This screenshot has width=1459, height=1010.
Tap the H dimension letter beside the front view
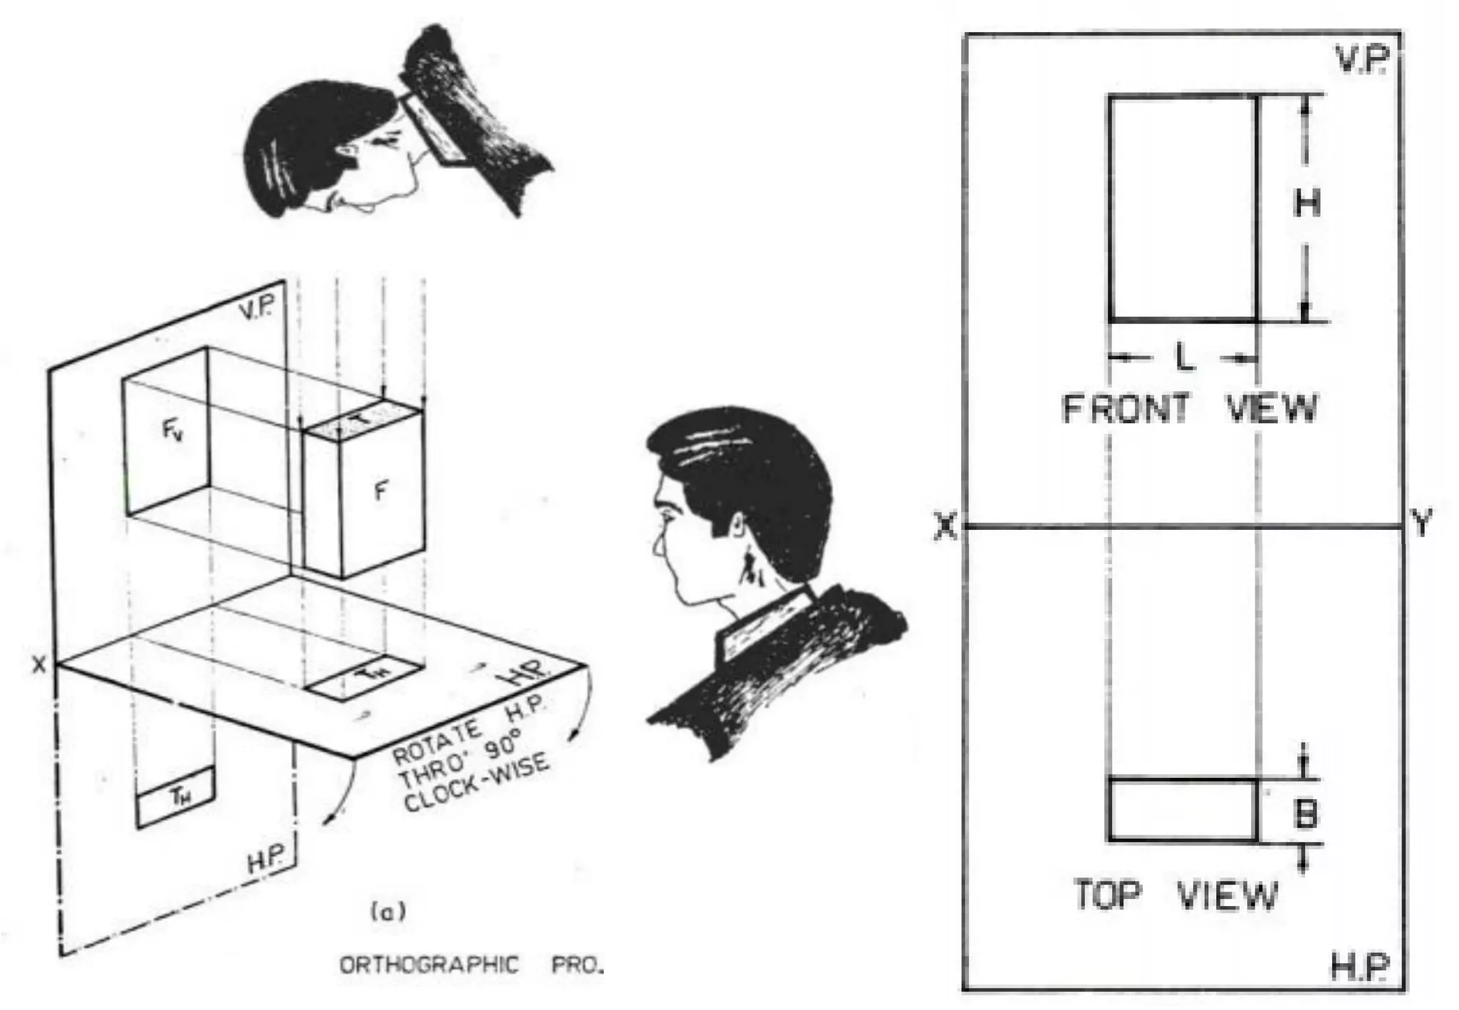pyautogui.click(x=1307, y=204)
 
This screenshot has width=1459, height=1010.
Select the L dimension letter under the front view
pyautogui.click(x=1184, y=358)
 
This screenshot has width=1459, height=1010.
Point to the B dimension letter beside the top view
pyautogui.click(x=1305, y=813)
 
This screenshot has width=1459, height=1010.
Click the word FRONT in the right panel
pyautogui.click(x=1126, y=409)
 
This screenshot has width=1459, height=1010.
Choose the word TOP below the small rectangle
pyautogui.click(x=1107, y=895)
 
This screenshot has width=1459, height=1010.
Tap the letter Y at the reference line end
pyautogui.click(x=1421, y=524)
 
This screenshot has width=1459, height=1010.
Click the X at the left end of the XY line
pyautogui.click(x=945, y=527)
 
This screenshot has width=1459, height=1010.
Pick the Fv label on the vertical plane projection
pyautogui.click(x=172, y=430)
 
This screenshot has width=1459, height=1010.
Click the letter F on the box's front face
pyautogui.click(x=381, y=491)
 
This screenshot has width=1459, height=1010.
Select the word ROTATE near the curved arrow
pyautogui.click(x=437, y=743)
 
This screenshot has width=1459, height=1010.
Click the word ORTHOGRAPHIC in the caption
pyautogui.click(x=429, y=965)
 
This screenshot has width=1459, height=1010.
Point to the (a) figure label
pyautogui.click(x=388, y=912)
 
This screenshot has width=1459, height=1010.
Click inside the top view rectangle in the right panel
pyautogui.click(x=1183, y=811)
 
